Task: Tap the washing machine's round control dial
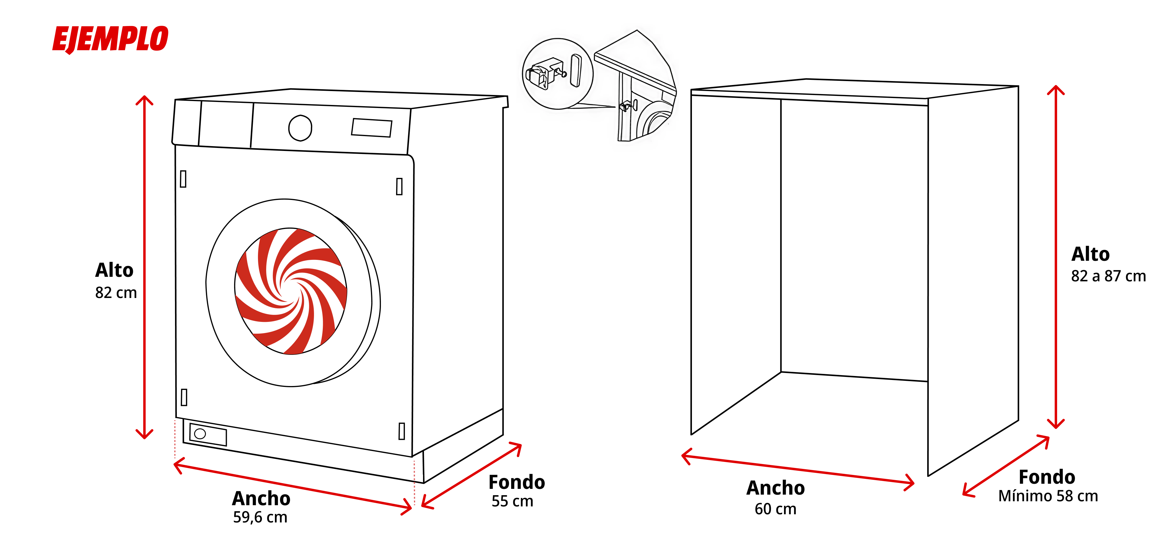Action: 300,128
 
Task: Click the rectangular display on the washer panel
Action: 372,127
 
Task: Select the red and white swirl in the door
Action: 291,291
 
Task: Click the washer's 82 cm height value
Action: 116,293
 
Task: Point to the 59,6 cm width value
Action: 260,517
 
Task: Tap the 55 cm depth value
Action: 512,501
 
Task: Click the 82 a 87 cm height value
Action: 1108,276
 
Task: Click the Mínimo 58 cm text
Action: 1048,496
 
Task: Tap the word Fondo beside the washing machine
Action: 517,482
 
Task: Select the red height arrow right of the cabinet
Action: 1056,257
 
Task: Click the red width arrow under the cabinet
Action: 798,470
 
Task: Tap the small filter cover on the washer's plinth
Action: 208,434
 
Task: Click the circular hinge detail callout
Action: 557,74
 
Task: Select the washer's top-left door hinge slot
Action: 183,179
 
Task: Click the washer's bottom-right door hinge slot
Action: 401,431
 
